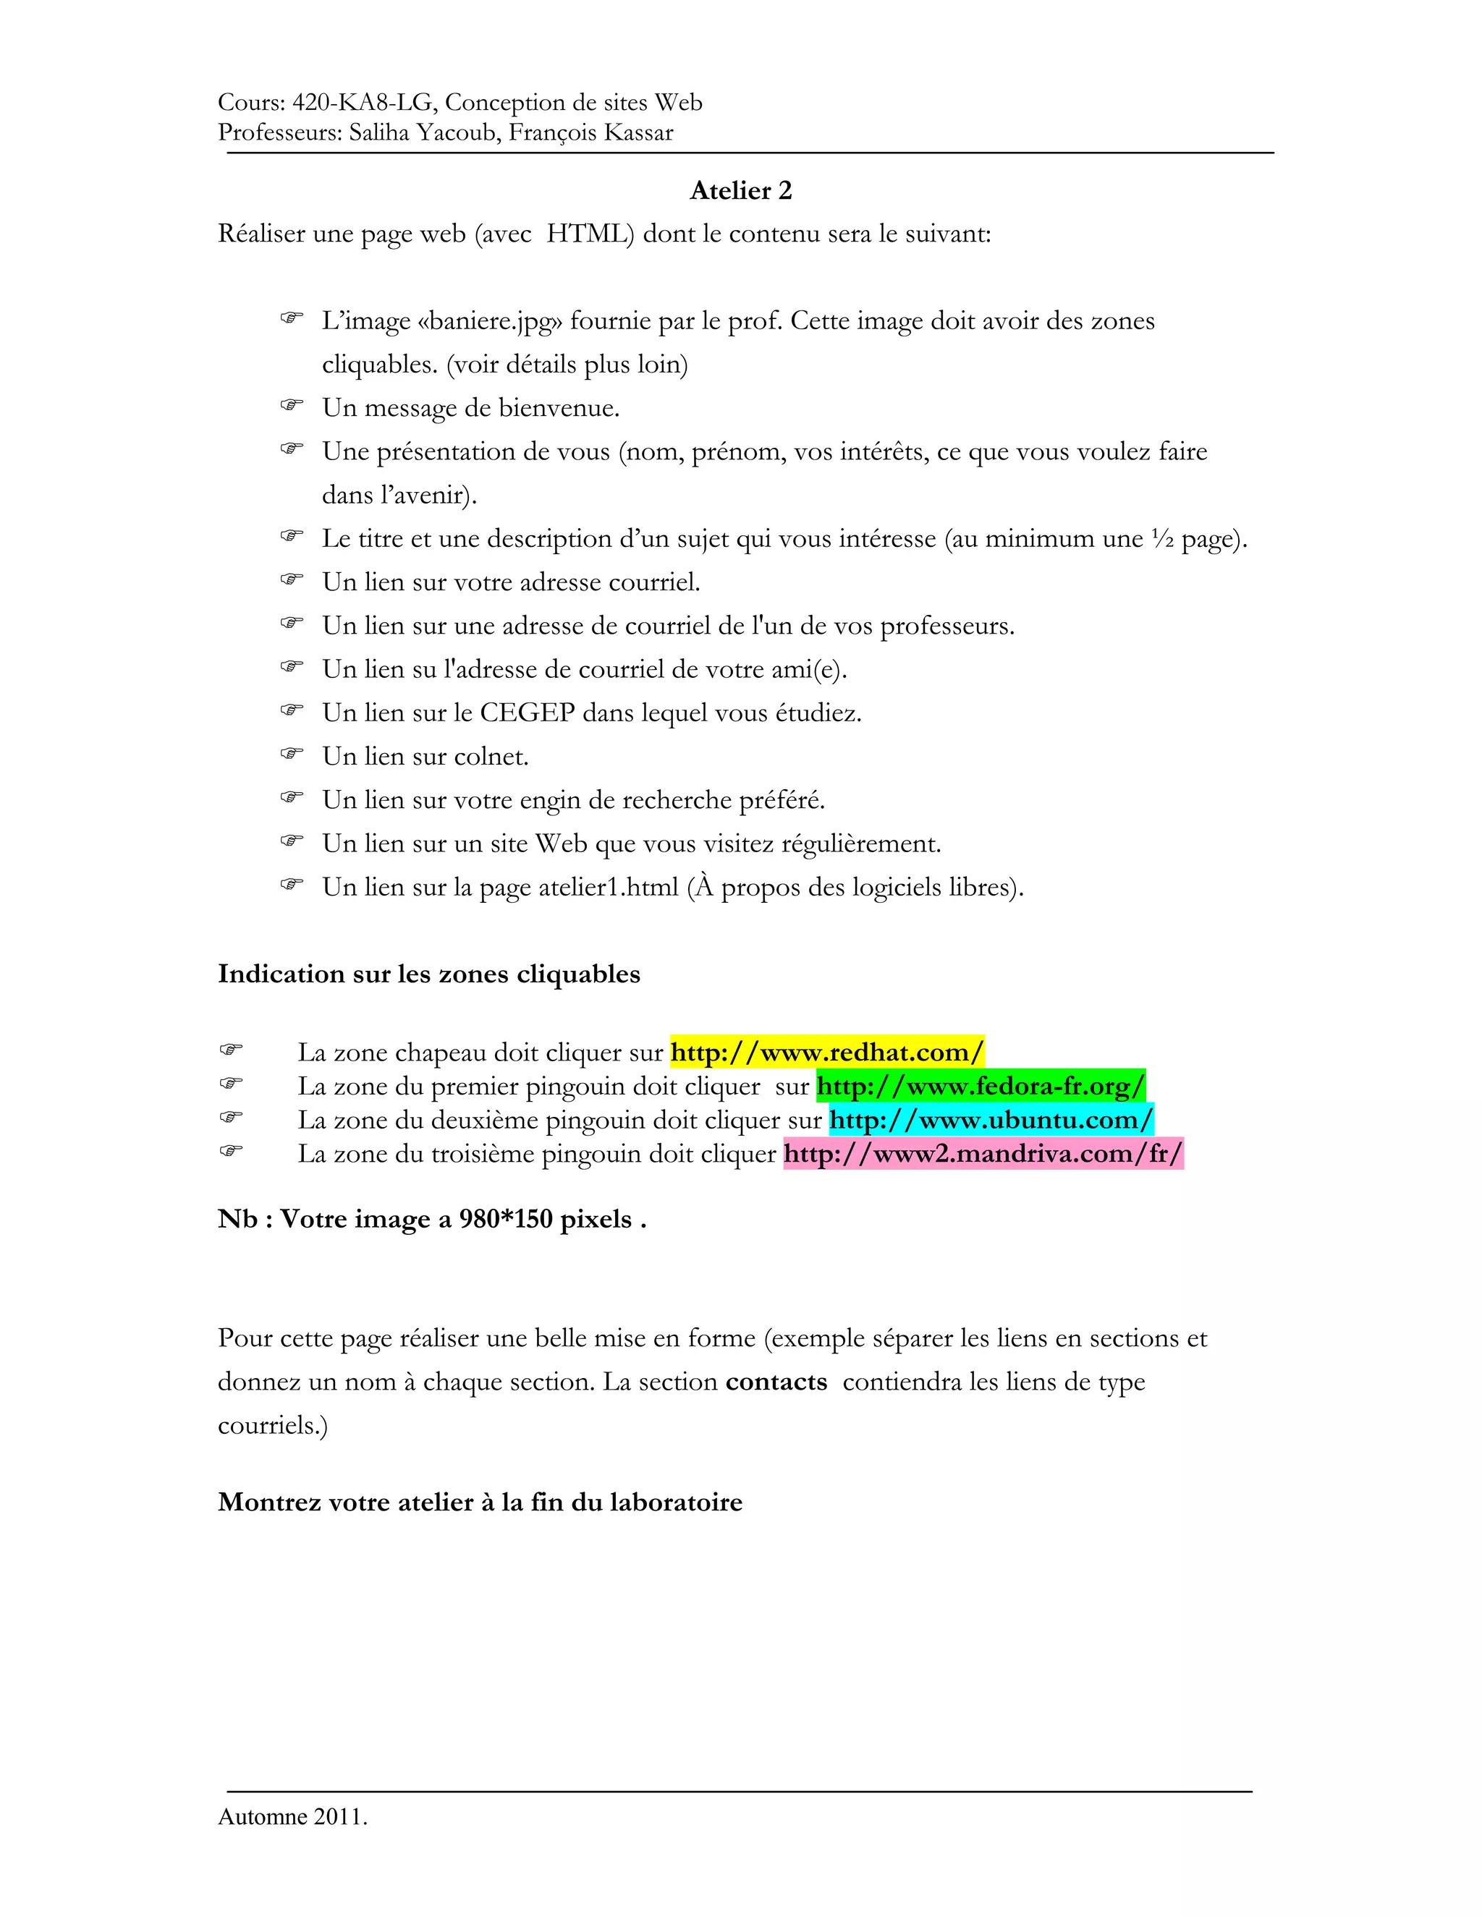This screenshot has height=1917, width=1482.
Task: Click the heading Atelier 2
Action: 740,190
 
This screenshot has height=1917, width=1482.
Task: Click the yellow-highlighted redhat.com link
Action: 827,1052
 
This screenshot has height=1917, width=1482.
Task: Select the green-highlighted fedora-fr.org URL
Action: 980,1086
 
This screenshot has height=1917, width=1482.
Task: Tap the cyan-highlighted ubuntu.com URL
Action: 991,1120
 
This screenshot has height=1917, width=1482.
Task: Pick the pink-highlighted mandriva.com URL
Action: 983,1153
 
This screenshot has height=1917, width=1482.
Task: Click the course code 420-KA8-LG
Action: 362,103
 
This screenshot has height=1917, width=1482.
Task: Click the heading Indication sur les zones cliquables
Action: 428,974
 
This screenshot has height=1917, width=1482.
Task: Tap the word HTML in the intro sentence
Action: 589,234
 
